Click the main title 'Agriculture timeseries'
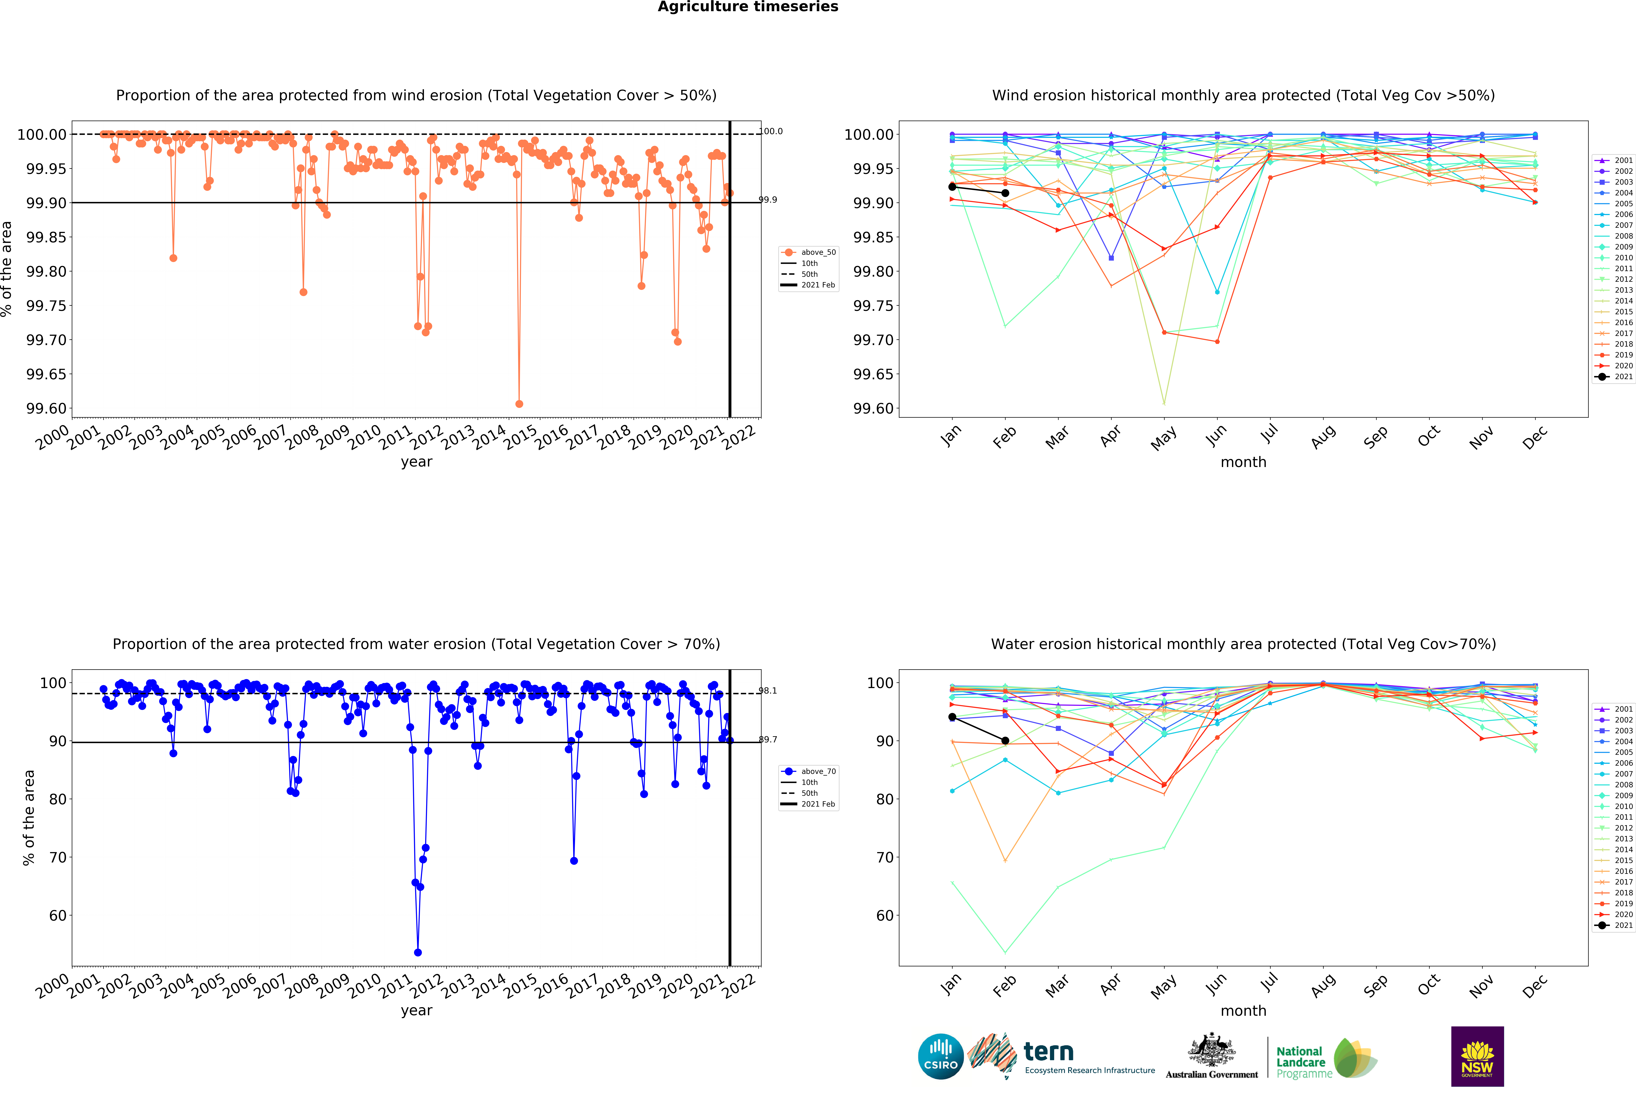tap(748, 7)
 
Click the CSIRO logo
tap(940, 1056)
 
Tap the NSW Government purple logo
tap(1477, 1056)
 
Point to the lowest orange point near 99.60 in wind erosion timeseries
tap(519, 404)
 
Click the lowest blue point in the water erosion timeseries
tap(418, 952)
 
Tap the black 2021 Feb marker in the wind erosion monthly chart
tap(1005, 193)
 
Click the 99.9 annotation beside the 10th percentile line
tap(769, 200)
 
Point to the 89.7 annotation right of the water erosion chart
tap(769, 739)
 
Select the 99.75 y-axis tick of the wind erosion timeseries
tap(47, 306)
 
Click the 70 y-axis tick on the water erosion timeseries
tap(57, 857)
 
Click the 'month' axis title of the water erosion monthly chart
tap(1243, 1011)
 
